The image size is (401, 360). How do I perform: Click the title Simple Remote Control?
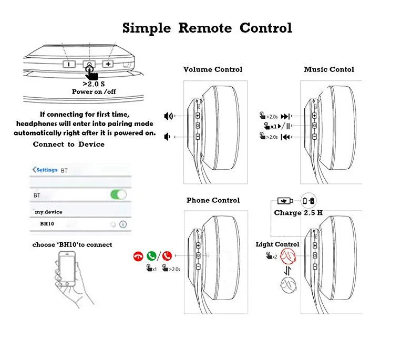point(207,28)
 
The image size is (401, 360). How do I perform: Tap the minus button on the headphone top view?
point(69,64)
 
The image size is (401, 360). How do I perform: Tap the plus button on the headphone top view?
point(108,64)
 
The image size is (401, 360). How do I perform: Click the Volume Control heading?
point(213,69)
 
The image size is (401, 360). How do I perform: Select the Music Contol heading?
point(329,69)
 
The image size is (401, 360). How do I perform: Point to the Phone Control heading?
point(213,200)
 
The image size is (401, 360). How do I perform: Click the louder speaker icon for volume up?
point(169,116)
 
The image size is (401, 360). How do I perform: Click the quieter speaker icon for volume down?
point(168,137)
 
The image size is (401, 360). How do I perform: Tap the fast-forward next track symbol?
point(285,117)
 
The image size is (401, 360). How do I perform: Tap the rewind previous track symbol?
point(285,137)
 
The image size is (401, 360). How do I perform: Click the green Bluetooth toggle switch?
point(118,195)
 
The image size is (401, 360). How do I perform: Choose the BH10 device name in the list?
point(47,224)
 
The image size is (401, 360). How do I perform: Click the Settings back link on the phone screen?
point(45,170)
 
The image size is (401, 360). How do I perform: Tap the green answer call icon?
point(152,256)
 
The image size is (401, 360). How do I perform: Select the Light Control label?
point(277,244)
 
